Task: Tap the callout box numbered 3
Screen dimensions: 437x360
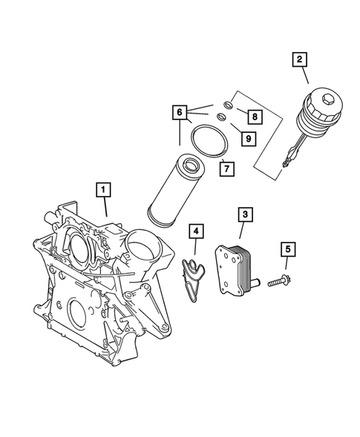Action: [243, 216]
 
